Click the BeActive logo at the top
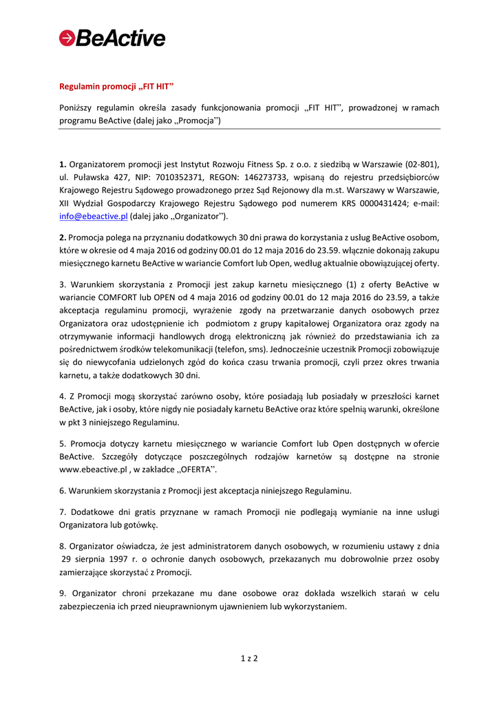point(112,38)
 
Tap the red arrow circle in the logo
point(67,39)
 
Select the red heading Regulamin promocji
point(114,86)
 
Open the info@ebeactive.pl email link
point(94,216)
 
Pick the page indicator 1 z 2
point(249,659)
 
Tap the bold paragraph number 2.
point(62,237)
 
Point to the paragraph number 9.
point(62,593)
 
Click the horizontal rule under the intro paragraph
point(249,129)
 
